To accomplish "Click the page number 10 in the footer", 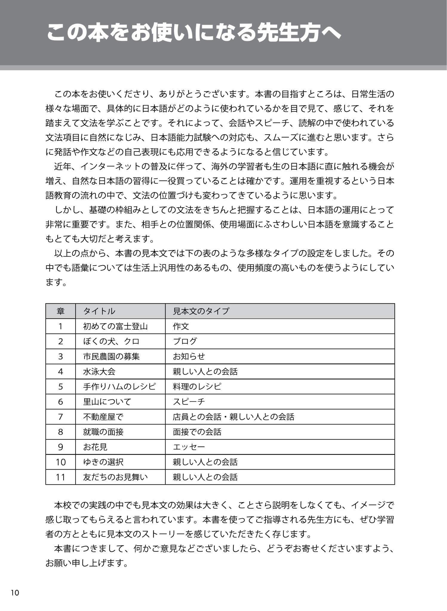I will point(15,593).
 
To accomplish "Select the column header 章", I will point(61,311).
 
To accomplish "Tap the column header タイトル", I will point(99,311).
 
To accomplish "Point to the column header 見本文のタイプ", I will point(201,311).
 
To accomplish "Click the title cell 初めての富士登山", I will point(115,326).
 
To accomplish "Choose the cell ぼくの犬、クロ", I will point(111,341).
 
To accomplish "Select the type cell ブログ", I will point(185,341).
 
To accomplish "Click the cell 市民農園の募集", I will point(111,357).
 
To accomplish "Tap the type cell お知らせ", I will point(189,357).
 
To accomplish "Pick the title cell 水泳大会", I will point(99,371).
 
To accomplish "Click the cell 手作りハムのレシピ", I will point(119,387).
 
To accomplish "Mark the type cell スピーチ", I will point(189,402).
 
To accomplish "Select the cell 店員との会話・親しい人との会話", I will point(234,417).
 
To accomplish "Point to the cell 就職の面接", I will point(103,432).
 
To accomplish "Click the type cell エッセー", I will point(189,447).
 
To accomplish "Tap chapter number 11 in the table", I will point(61,477).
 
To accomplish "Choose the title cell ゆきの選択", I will point(103,462).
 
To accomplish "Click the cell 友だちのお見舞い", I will point(115,477).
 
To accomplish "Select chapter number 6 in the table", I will point(61,402).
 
